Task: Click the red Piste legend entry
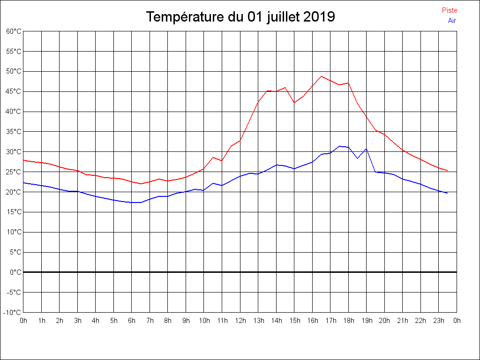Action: click(449, 10)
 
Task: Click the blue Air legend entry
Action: click(452, 20)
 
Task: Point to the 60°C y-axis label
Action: click(14, 31)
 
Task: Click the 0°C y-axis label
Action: click(15, 272)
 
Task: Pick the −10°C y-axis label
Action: click(13, 313)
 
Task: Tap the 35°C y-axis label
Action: click(14, 132)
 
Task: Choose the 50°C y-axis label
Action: click(14, 71)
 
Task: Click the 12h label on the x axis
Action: click(240, 321)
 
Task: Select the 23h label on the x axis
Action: click(439, 321)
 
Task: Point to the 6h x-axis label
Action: click(132, 321)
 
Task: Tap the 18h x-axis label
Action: click(348, 321)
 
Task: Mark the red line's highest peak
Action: click(322, 76)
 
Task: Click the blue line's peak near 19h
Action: click(366, 149)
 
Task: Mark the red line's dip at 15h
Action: click(294, 102)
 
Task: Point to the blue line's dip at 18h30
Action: click(357, 158)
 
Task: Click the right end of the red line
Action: click(448, 171)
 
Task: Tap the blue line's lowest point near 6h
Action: click(136, 202)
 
